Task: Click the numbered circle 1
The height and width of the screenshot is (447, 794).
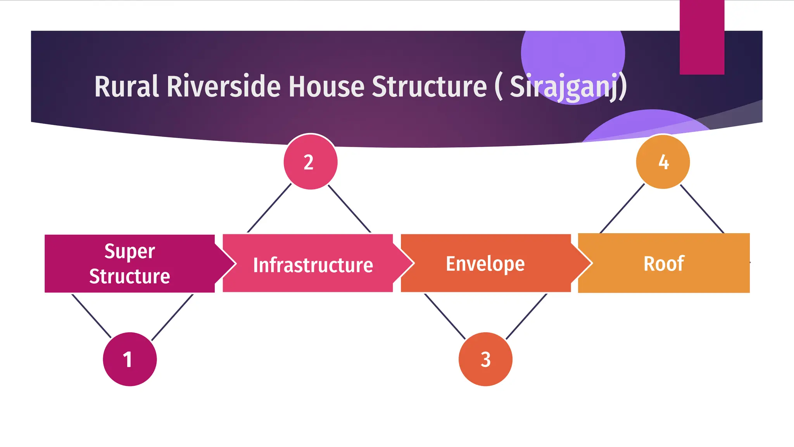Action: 129,359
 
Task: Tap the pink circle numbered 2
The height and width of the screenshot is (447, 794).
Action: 310,162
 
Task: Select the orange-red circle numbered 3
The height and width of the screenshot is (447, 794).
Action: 485,359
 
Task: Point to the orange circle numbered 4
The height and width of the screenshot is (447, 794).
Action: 663,162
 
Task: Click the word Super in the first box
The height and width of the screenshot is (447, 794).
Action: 129,251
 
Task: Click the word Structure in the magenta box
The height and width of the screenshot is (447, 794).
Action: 129,276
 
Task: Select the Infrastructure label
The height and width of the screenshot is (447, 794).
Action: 313,265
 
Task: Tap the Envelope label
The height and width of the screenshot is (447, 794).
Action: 485,264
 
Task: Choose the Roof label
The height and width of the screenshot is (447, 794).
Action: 663,264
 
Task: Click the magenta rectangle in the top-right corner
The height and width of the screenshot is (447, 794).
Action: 702,37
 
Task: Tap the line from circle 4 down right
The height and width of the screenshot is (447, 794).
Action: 702,209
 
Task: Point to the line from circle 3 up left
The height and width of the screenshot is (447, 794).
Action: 445,316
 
